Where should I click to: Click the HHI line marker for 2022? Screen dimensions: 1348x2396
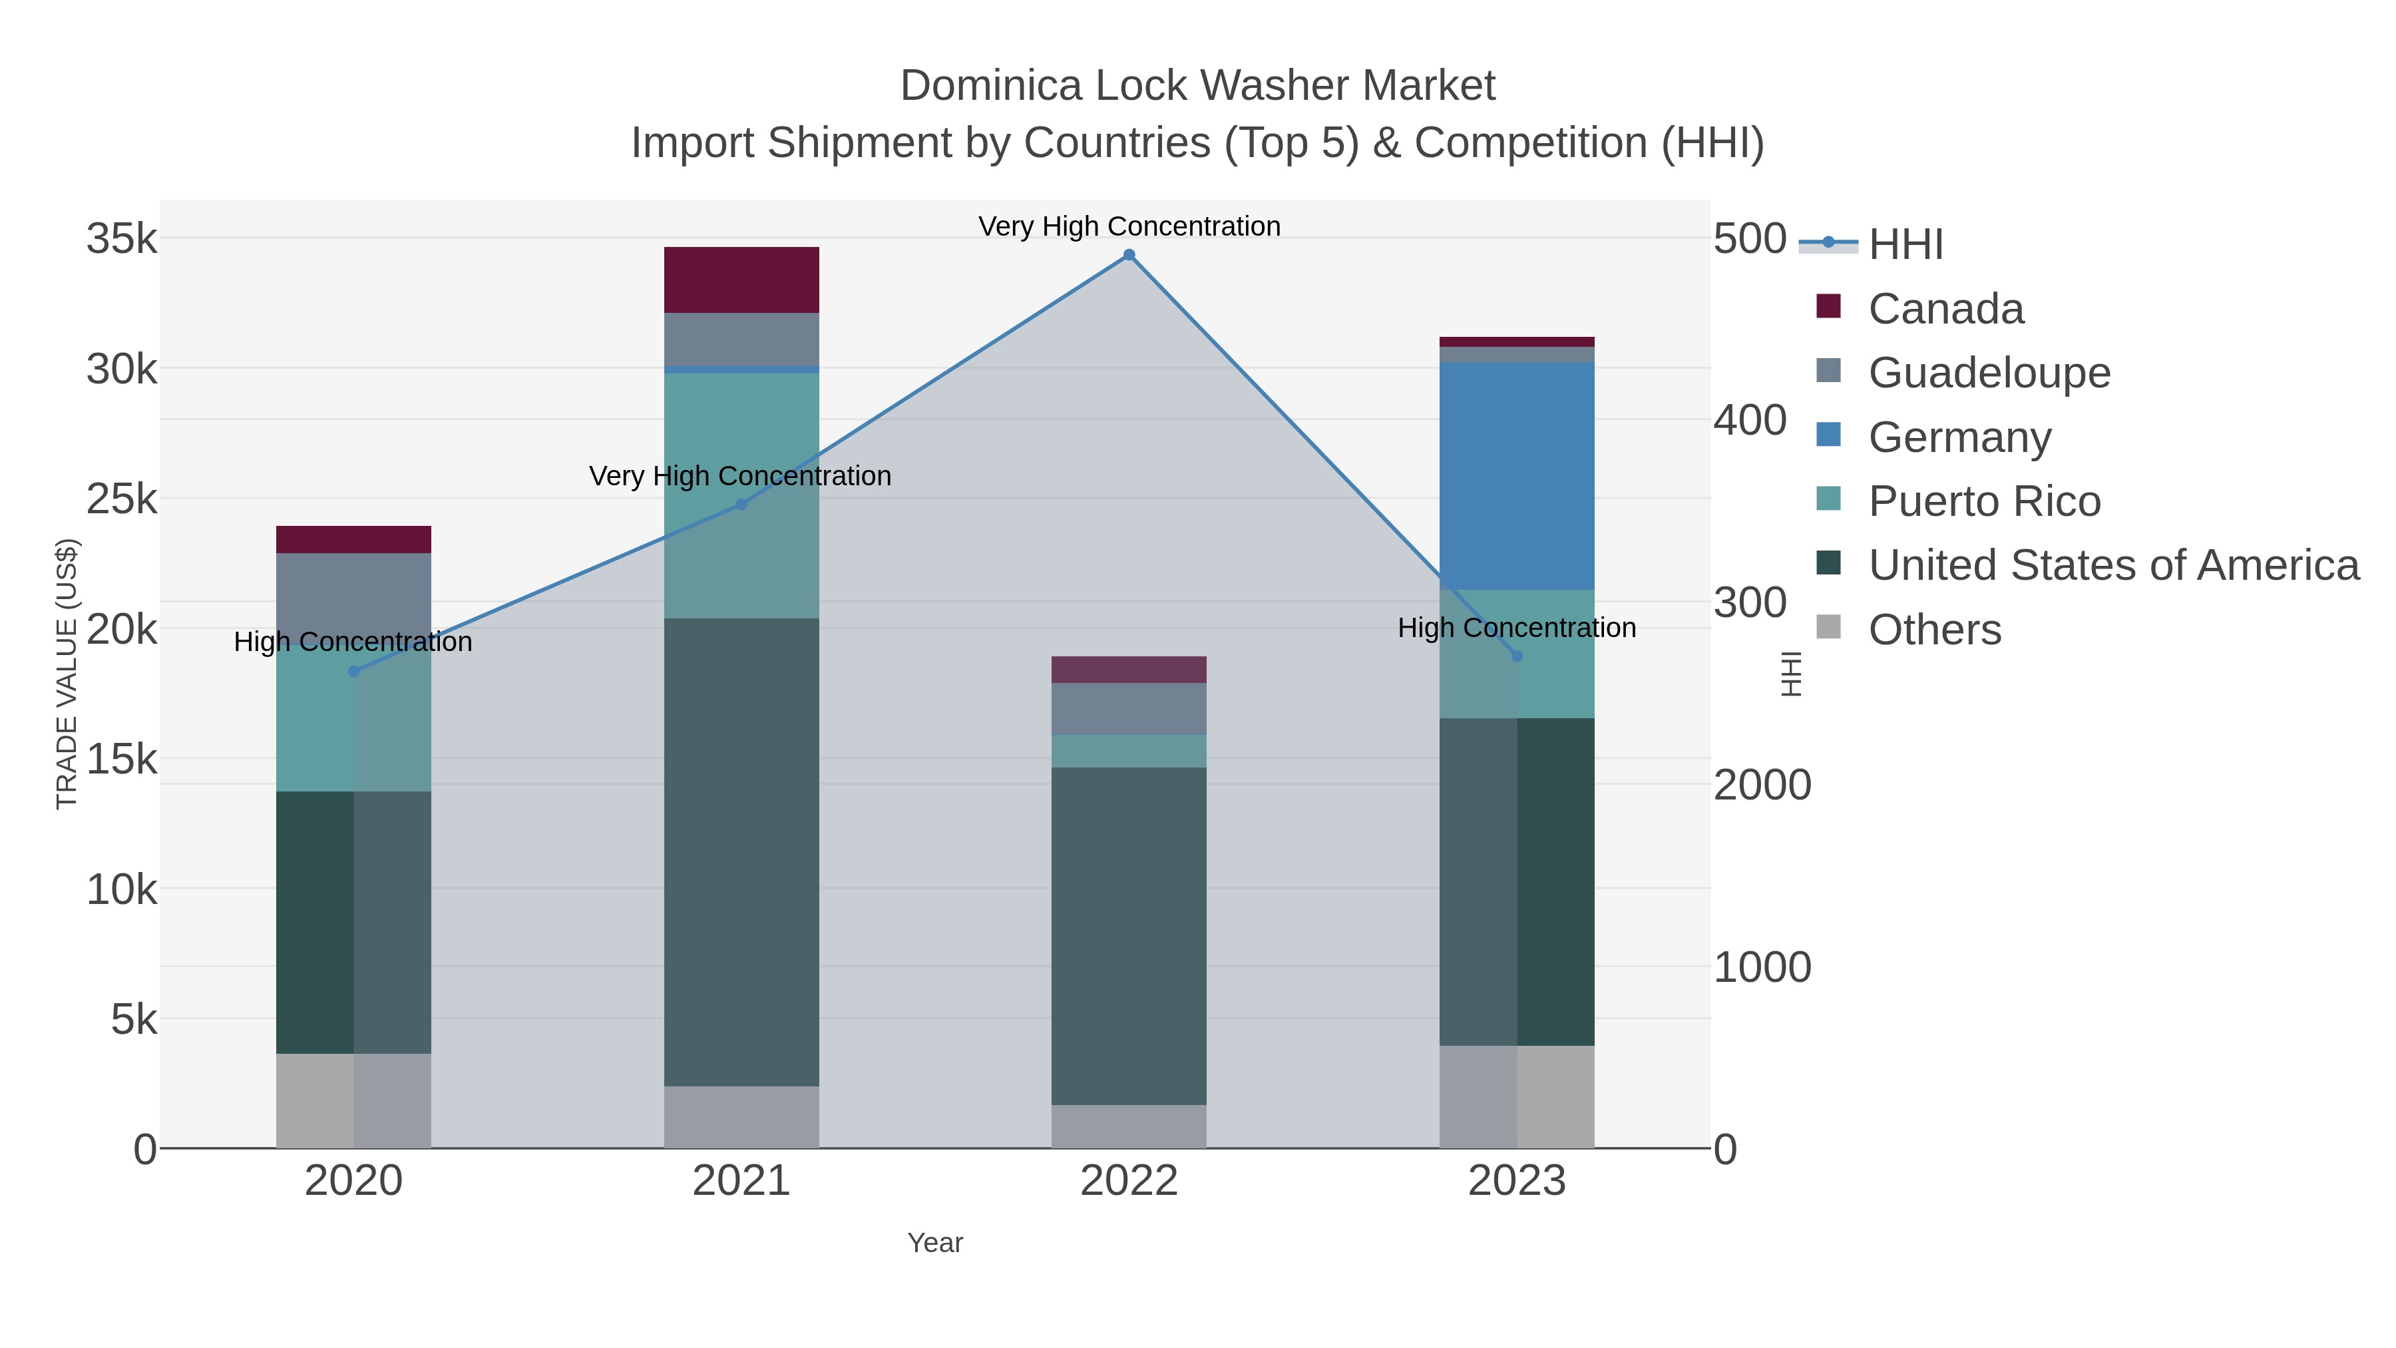tap(1128, 255)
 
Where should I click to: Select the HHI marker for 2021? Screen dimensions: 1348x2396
tap(741, 504)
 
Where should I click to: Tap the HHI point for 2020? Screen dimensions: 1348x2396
tap(353, 672)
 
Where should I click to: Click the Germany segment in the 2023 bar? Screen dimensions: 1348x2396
tap(1517, 475)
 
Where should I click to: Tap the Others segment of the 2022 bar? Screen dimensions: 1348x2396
tap(1128, 1126)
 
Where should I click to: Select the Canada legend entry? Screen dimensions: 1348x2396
tap(1945, 309)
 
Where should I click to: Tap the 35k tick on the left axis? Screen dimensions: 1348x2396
tap(122, 239)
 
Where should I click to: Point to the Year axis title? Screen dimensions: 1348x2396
tap(935, 1243)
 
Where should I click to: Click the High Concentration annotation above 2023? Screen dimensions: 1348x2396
tap(1516, 628)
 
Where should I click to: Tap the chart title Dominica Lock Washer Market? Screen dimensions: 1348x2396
tap(1197, 86)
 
